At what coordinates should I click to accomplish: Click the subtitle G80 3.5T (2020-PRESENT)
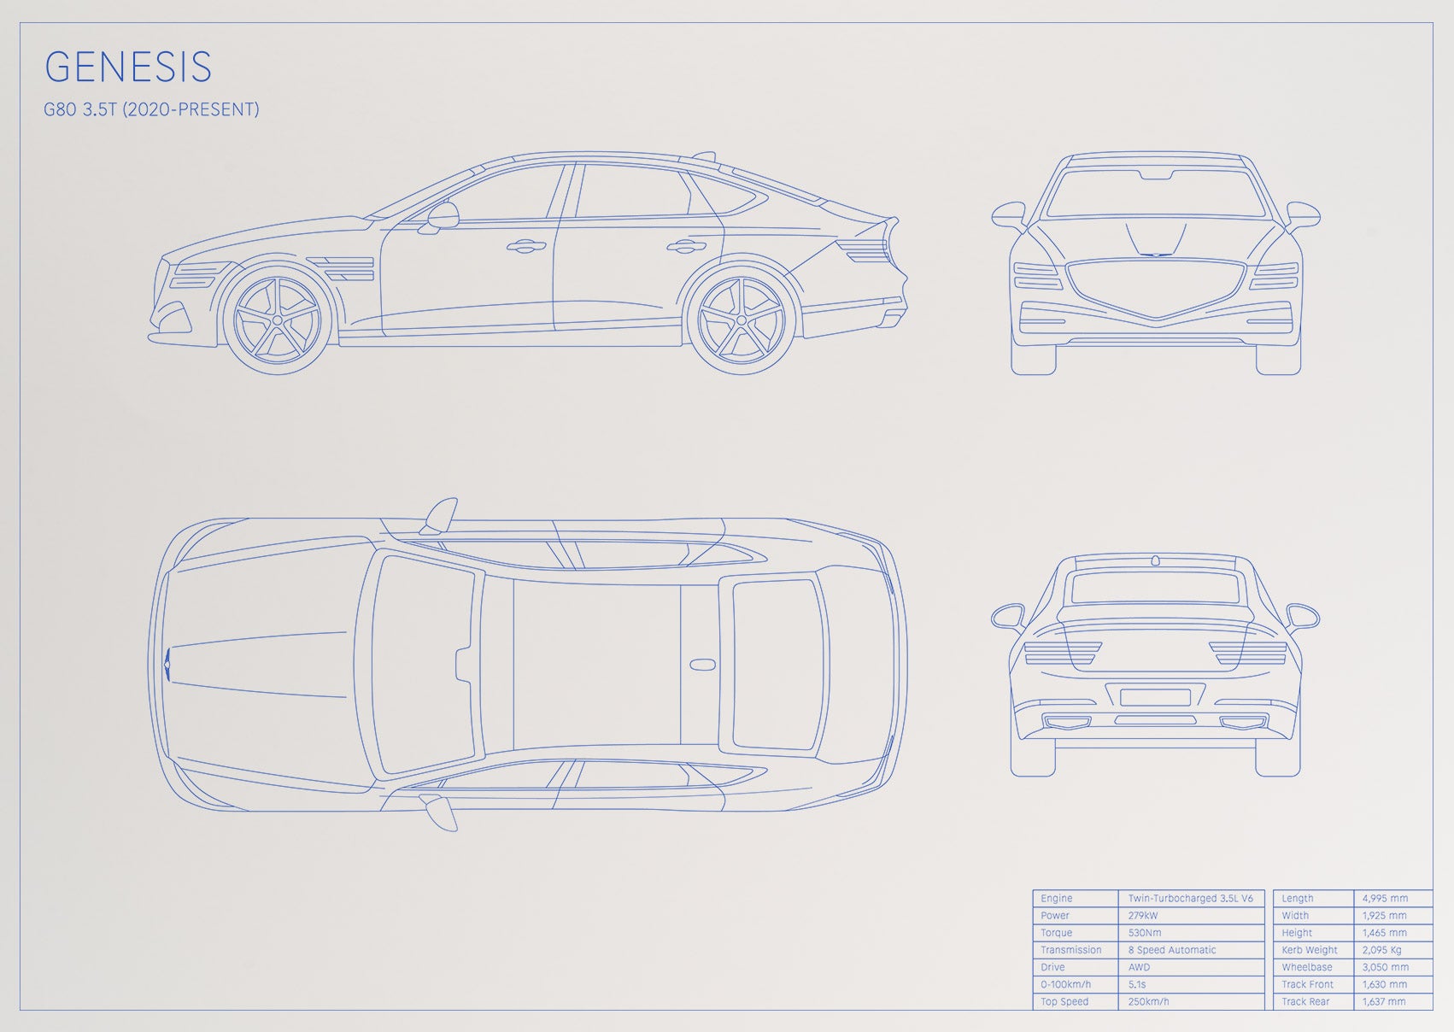151,109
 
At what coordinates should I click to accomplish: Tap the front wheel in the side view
277,320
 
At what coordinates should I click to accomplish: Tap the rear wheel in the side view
742,320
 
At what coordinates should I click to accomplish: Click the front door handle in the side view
525,246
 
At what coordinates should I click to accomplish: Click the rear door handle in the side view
686,246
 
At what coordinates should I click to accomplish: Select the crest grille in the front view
1155,289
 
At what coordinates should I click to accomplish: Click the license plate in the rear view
1155,698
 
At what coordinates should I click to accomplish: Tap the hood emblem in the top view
167,665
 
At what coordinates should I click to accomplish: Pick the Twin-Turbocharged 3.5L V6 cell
1191,898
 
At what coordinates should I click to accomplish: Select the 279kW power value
1143,916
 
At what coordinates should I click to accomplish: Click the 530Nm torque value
1145,933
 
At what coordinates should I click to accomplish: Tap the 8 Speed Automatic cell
1171,950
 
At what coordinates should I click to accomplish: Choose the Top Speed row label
1064,1001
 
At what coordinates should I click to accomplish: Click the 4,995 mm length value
1385,898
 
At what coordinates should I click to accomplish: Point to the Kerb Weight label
1310,950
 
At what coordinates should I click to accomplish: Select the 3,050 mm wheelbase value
1385,967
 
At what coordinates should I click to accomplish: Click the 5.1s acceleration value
1136,985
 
